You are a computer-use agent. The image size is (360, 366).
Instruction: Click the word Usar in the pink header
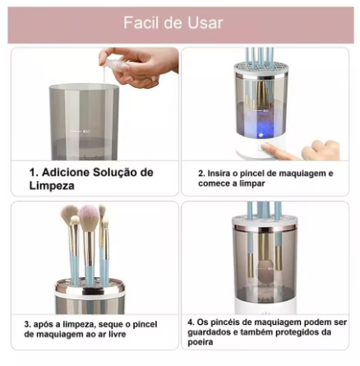point(205,23)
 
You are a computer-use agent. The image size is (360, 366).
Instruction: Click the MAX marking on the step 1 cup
point(86,132)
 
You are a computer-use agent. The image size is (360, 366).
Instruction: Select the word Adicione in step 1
point(66,173)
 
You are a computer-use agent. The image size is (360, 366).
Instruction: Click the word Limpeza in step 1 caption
point(52,186)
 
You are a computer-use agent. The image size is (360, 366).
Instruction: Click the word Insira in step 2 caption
point(219,174)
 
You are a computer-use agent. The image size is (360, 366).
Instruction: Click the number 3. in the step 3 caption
point(27,324)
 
